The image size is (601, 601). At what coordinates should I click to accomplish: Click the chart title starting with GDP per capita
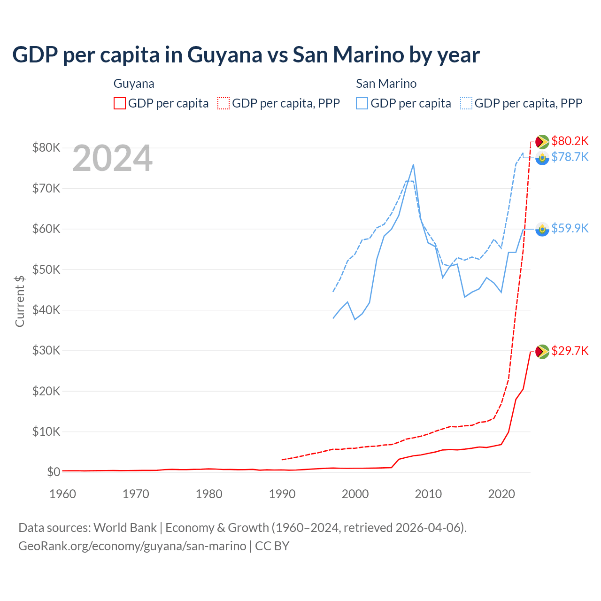click(x=246, y=54)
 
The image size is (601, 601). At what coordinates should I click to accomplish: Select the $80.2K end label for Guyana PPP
click(x=570, y=141)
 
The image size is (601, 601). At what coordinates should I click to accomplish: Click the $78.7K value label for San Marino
click(x=570, y=157)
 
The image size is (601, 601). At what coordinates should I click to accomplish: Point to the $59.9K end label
click(x=570, y=228)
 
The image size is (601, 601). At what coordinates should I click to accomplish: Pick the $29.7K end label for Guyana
click(x=570, y=351)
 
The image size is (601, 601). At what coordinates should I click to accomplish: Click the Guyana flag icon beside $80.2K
click(x=542, y=141)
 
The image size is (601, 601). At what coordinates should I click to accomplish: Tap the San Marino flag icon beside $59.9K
click(x=542, y=229)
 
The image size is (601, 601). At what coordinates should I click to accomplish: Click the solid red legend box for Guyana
click(x=120, y=103)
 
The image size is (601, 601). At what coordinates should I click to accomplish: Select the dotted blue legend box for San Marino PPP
click(x=466, y=103)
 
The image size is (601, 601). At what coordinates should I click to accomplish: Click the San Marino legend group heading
click(x=386, y=84)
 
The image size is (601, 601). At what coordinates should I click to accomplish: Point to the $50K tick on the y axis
click(x=46, y=270)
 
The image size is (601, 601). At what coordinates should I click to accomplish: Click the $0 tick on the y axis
click(x=54, y=472)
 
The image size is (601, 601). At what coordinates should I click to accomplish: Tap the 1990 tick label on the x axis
click(x=282, y=494)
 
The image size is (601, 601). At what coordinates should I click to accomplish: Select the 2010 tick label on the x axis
click(x=428, y=494)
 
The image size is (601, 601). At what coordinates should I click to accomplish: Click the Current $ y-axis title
click(x=20, y=301)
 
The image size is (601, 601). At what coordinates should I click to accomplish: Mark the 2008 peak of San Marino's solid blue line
click(x=413, y=164)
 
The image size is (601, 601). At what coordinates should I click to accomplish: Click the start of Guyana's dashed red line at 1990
click(x=282, y=460)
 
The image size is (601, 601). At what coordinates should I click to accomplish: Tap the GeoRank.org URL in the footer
click(x=132, y=546)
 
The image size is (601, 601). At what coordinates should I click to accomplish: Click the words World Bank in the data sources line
click(x=125, y=528)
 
